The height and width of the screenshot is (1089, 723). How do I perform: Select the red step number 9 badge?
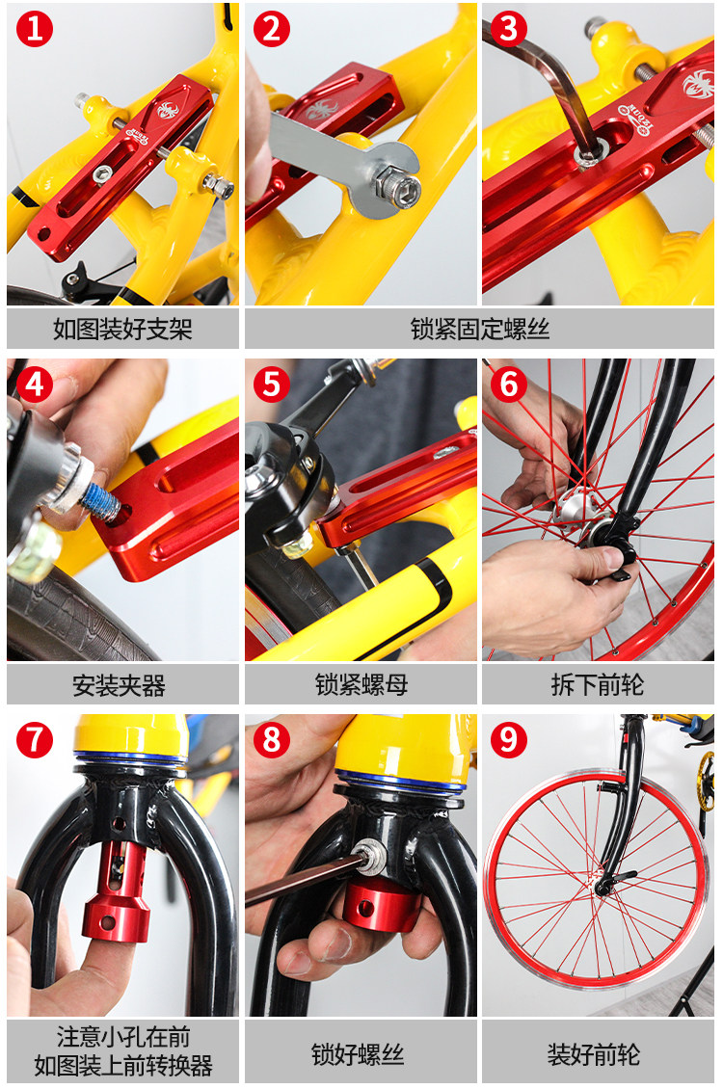(x=509, y=740)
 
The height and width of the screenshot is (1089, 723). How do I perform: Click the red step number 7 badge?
(x=34, y=740)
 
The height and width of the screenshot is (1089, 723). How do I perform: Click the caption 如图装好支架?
(x=123, y=329)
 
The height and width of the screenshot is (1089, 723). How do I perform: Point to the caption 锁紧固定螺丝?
(x=480, y=329)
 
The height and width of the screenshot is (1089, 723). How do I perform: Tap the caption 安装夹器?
(x=120, y=685)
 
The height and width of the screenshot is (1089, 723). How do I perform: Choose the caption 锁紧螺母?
(x=361, y=685)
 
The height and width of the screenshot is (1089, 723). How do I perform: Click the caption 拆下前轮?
(x=598, y=685)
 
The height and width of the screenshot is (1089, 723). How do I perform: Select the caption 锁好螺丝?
(x=358, y=1054)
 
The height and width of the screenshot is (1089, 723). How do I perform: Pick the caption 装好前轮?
(x=594, y=1054)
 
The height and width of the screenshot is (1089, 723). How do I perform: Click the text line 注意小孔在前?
(x=123, y=1037)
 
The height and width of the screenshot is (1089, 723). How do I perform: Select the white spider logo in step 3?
(x=697, y=85)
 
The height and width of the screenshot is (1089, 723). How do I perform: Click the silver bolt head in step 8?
(x=368, y=853)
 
